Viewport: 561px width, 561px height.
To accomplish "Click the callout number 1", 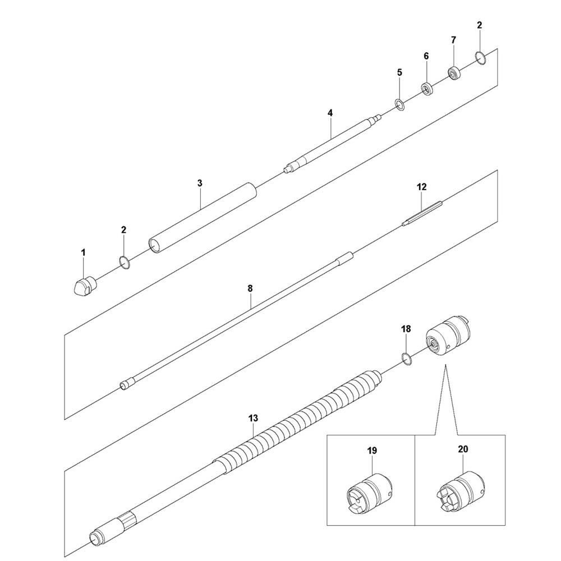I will tap(83, 253).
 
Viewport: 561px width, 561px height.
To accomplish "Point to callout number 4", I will tap(330, 113).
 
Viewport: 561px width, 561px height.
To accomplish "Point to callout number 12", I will tap(422, 186).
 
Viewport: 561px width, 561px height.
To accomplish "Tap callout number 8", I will tap(250, 288).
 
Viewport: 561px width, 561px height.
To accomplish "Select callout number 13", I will tap(253, 418).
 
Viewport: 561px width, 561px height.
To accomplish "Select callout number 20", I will tap(462, 449).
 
